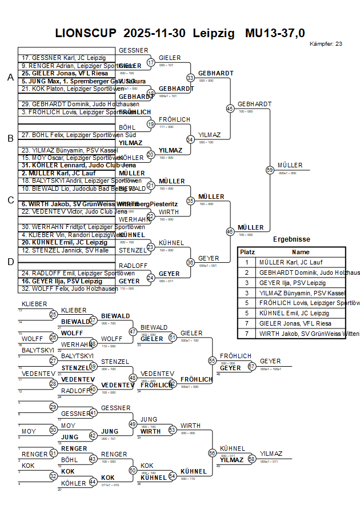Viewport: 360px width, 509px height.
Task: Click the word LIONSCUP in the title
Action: click(x=86, y=33)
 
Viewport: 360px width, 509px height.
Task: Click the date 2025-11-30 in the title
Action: click(x=154, y=33)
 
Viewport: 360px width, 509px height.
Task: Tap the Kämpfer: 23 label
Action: click(x=326, y=43)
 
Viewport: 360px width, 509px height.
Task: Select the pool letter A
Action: click(x=10, y=78)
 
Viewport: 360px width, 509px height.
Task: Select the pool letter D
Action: click(x=10, y=262)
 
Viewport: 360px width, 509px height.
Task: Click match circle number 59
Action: click(x=270, y=170)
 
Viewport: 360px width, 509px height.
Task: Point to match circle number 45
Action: click(x=230, y=108)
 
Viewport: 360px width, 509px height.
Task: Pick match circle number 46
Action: click(x=230, y=231)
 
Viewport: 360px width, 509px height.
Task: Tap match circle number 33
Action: click(x=190, y=77)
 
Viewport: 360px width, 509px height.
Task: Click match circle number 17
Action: click(x=151, y=62)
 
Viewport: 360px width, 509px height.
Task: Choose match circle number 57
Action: click(x=251, y=367)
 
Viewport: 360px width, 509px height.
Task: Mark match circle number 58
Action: click(x=251, y=459)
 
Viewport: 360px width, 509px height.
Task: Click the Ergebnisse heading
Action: click(x=291, y=240)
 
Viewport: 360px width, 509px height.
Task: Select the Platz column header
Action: click(x=247, y=252)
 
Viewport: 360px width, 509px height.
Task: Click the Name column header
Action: click(x=301, y=252)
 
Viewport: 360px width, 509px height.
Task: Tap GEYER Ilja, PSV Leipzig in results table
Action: click(x=292, y=283)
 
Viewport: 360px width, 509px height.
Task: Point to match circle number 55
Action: click(x=212, y=360)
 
